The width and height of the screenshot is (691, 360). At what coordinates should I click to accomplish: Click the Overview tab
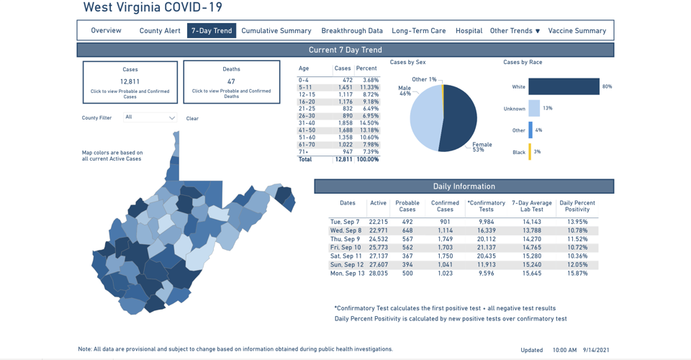[x=106, y=31]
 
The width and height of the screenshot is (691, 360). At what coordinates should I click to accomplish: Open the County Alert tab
[x=160, y=31]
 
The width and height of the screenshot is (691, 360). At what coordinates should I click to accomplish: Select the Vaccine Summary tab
[x=577, y=31]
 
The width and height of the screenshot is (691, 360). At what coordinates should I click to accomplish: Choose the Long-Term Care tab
[x=419, y=31]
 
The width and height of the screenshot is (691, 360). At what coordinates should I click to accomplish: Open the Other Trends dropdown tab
[x=515, y=31]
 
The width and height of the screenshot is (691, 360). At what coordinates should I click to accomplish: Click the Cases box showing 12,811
[x=130, y=82]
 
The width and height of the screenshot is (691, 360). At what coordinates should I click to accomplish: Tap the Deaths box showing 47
[x=231, y=82]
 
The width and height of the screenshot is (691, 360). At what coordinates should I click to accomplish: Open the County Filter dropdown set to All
[x=150, y=117]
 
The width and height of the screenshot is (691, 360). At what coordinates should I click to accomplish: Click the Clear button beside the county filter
[x=192, y=119]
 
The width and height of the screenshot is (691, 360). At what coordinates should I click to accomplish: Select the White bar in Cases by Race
[x=564, y=86]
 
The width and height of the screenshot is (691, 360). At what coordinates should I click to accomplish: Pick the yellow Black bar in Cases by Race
[x=530, y=152]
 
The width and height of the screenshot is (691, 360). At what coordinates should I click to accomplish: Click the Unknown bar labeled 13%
[x=534, y=109]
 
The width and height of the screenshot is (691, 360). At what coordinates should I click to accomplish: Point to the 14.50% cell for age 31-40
[x=369, y=123]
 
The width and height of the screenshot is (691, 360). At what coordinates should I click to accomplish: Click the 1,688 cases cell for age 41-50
[x=344, y=130]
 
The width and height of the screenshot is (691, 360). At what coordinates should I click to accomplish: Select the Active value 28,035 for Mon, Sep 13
[x=378, y=274]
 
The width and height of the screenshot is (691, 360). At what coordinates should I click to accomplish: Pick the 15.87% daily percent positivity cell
[x=577, y=274]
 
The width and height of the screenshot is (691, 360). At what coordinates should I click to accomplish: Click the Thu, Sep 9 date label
[x=345, y=239]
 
